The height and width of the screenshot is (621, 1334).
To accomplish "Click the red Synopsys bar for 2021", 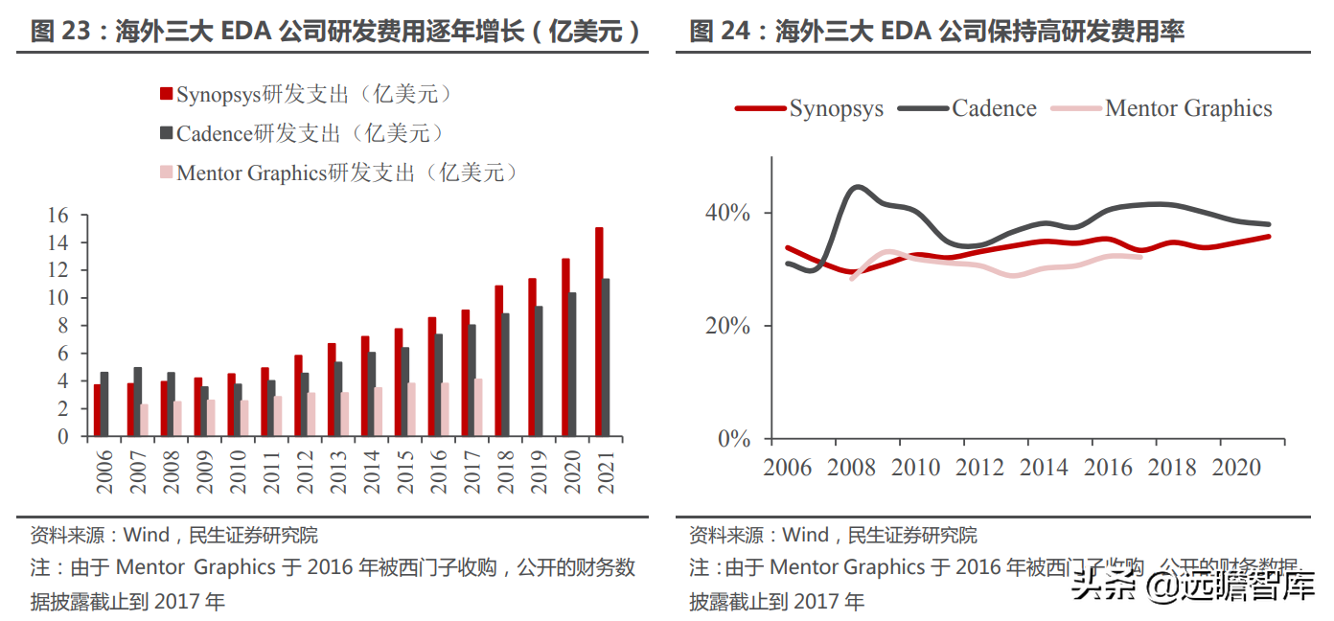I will (599, 332).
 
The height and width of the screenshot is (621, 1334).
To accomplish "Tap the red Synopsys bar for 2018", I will (498, 360).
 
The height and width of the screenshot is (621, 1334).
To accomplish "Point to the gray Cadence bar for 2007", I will (138, 402).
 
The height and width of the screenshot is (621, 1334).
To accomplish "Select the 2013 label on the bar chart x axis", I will (337, 471).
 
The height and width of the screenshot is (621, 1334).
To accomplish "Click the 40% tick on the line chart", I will (729, 213).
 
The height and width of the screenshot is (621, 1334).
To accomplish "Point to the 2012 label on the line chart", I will (978, 468).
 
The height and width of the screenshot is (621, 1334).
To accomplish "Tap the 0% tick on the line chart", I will (735, 439).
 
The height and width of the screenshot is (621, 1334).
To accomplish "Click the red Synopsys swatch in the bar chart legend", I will (166, 94).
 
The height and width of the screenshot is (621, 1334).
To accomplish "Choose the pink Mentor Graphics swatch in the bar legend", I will (166, 172).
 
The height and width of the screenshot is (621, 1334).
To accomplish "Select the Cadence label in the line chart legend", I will (994, 108).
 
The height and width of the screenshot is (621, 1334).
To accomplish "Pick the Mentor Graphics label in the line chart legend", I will (1188, 108).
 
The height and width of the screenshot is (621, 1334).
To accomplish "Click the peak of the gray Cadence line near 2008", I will (858, 187).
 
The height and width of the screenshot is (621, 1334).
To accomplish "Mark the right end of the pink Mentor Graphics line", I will (1139, 257).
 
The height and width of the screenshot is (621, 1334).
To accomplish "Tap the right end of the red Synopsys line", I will (1269, 236).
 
